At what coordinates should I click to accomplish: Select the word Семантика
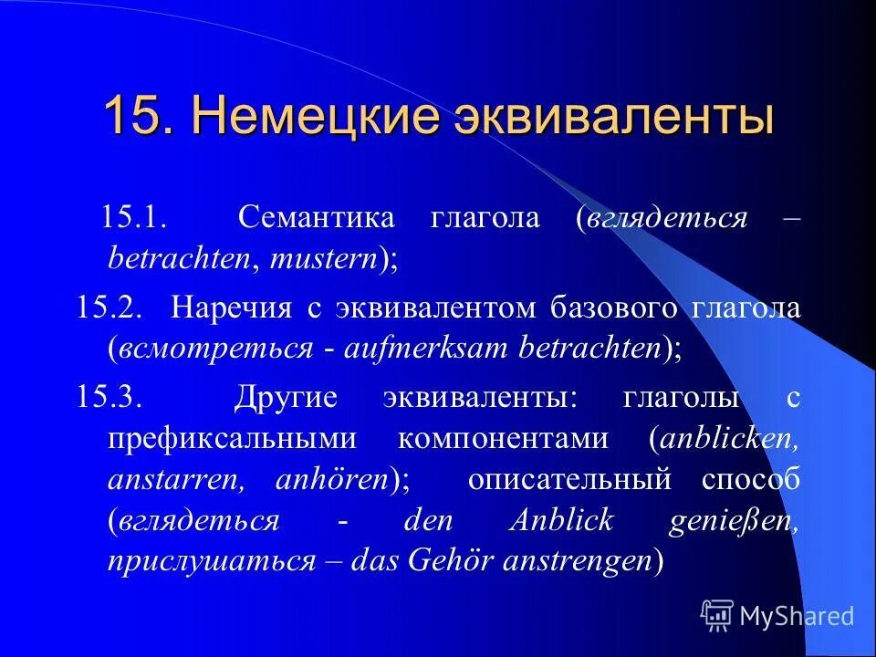316,217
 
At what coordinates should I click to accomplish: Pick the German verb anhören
331,480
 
